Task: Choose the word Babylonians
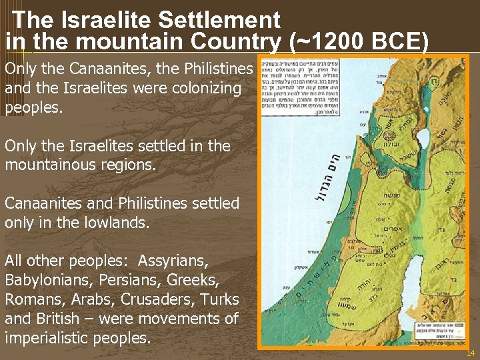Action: tap(45, 280)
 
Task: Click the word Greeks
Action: tap(199, 280)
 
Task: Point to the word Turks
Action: tap(209, 299)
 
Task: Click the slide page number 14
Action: tap(470, 352)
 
